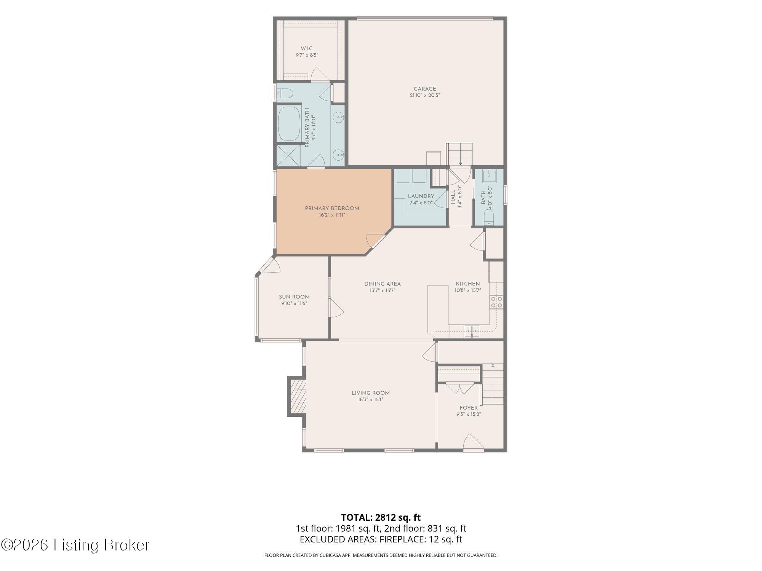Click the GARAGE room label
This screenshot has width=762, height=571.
(425, 89)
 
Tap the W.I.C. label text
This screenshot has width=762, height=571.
(307, 48)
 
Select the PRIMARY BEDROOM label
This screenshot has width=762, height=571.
(332, 209)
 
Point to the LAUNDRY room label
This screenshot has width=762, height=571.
(421, 196)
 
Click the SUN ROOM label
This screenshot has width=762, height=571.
(294, 297)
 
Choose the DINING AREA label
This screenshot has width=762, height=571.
(383, 284)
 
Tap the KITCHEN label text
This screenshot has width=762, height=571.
(468, 284)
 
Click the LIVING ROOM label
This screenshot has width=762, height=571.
(370, 393)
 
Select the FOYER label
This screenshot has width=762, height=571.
(469, 408)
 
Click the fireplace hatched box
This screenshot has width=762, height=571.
(298, 396)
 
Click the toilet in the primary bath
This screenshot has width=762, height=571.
(284, 93)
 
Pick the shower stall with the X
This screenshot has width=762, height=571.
(288, 155)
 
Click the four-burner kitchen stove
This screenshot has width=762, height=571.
(496, 302)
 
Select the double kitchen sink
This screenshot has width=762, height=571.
(472, 331)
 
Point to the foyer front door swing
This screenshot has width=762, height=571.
(474, 442)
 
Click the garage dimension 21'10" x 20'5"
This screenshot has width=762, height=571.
(425, 96)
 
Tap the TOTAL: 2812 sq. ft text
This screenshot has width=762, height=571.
(381, 517)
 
